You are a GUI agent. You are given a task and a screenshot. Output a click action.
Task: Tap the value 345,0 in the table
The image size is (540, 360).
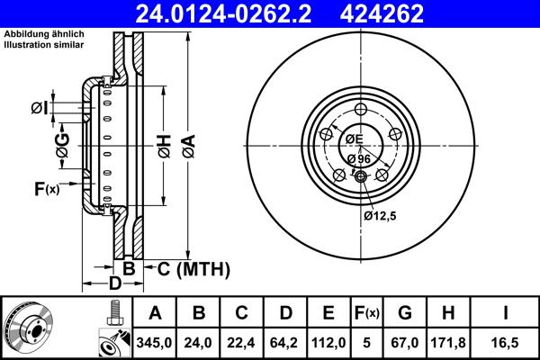pyautogui.click(x=154, y=341)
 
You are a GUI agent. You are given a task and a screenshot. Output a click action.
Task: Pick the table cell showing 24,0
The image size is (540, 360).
pyautogui.click(x=198, y=341)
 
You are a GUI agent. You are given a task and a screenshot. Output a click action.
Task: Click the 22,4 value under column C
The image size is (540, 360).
pyautogui.click(x=241, y=341)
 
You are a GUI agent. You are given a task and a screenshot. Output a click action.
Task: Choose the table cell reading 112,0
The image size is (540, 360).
pyautogui.click(x=328, y=341)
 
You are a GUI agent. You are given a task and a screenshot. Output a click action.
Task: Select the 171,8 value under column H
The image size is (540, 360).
pyautogui.click(x=450, y=341)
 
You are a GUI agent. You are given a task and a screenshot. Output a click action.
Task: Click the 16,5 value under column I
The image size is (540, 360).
pyautogui.click(x=507, y=341)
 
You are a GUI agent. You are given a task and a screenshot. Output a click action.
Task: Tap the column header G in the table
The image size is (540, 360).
pyautogui.click(x=406, y=312)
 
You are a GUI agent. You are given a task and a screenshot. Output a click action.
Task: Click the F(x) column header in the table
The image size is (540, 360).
pyautogui.click(x=367, y=312)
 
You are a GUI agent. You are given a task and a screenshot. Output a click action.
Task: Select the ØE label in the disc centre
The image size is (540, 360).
pyautogui.click(x=353, y=139)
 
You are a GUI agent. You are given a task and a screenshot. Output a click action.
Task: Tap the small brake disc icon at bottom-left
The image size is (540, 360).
pyautogui.click(x=27, y=328)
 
